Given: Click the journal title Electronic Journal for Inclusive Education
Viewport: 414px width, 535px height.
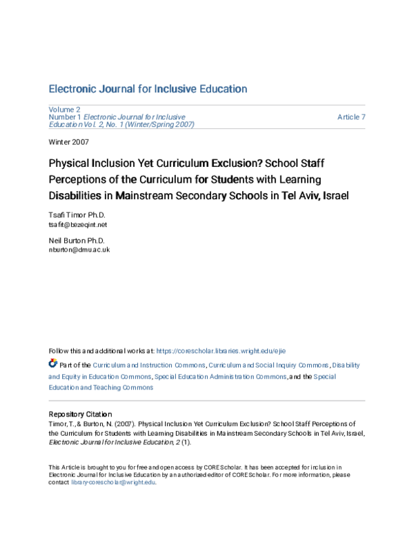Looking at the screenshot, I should coord(148,89).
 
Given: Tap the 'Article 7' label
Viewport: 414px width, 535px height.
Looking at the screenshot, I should coord(351,117).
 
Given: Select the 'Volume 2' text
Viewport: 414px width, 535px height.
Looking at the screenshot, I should coord(64,110).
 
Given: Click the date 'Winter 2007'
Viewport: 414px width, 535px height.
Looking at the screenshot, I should coord(68,142).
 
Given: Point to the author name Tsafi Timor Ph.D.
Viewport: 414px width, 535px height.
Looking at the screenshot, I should coord(77,216).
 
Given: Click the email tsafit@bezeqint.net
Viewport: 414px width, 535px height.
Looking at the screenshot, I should coord(77,225).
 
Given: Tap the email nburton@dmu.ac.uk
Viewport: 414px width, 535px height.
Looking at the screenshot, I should coord(79,250).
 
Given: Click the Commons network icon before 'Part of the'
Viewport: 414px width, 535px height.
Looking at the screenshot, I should coord(53,363).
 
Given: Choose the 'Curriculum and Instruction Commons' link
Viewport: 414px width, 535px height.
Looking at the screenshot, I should coord(149,365).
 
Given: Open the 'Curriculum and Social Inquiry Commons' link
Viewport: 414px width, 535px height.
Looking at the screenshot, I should coord(268,365).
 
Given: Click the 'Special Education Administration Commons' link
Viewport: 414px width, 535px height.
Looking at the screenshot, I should coord(220,376).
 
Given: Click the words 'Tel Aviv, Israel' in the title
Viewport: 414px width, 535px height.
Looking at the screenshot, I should coord(316,195).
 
